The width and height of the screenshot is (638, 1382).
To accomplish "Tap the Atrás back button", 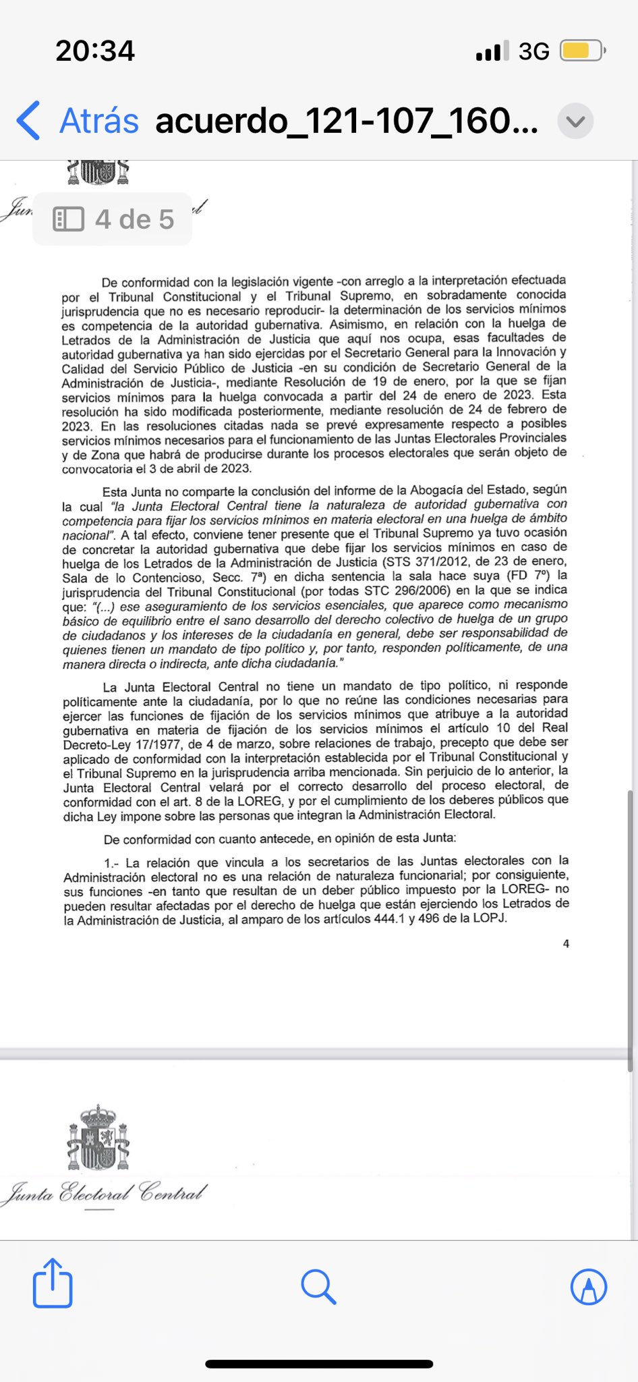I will tap(78, 121).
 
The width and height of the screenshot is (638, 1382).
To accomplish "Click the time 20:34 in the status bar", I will tap(95, 51).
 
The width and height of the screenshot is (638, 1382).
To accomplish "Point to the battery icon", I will tap(583, 51).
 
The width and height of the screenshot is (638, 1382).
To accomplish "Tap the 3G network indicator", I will tap(533, 51).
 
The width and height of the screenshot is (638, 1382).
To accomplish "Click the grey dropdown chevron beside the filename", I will tap(575, 121).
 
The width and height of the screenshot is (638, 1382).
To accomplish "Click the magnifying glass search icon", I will tap(318, 1286).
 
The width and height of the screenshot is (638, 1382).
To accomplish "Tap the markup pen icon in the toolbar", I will tap(588, 1287).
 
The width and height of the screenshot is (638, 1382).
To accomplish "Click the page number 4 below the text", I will tap(566, 943).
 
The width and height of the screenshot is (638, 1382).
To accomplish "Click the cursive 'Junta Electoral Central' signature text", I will tap(105, 1192).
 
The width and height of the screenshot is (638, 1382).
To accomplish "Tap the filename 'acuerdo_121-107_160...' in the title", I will tap(347, 121).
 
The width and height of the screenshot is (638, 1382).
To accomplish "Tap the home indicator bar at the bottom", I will tap(319, 1364).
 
